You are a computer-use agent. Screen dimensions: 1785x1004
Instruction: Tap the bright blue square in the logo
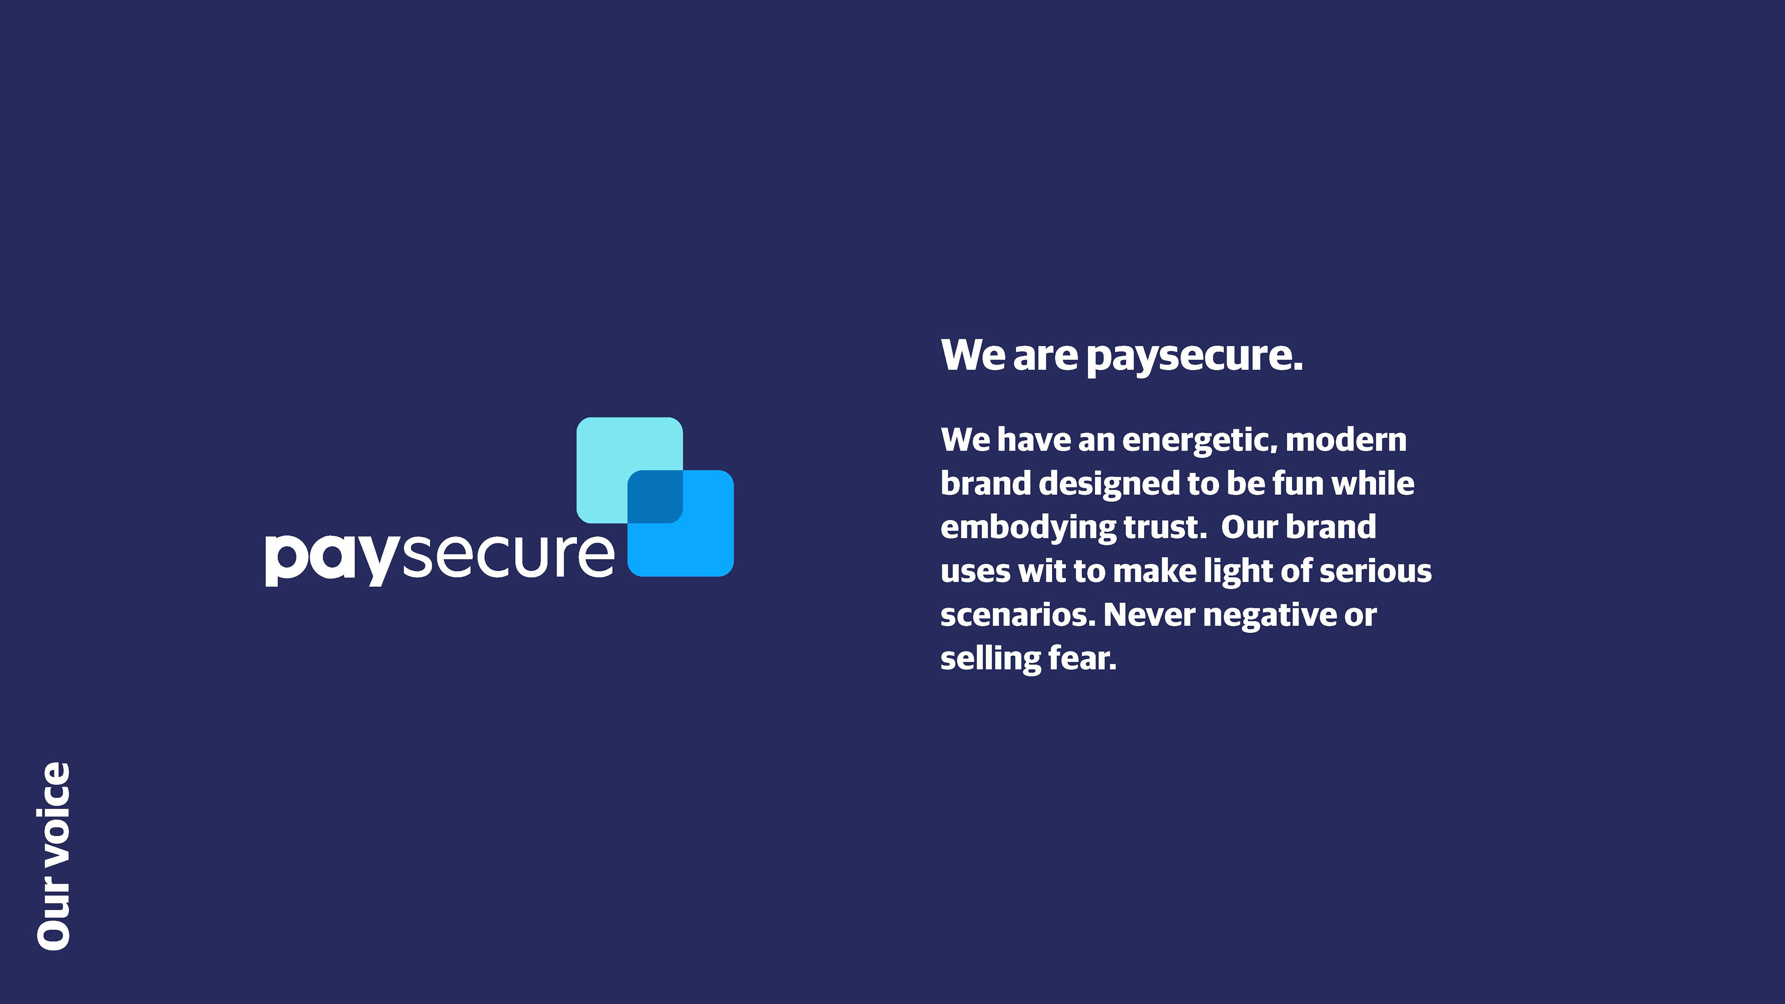tap(707, 548)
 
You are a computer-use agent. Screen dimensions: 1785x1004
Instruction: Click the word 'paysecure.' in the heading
tap(1195, 357)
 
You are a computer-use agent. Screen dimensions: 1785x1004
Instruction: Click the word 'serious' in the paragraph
tap(1375, 571)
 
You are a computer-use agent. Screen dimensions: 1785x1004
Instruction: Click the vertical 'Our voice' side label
tap(53, 856)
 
